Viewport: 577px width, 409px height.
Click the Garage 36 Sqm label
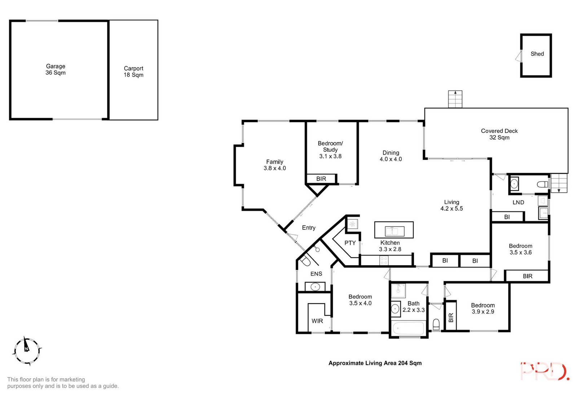(x=56, y=69)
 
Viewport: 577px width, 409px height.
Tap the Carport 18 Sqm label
(x=133, y=72)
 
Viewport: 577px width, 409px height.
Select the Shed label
(x=537, y=54)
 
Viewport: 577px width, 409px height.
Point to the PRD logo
(x=545, y=371)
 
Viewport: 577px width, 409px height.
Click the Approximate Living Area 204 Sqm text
(x=375, y=363)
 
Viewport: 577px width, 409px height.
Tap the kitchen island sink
(x=394, y=231)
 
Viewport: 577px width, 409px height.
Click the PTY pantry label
(x=350, y=243)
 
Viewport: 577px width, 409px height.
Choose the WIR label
(x=317, y=321)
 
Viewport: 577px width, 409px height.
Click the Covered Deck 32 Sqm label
(x=499, y=134)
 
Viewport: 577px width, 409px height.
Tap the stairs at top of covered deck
(x=455, y=99)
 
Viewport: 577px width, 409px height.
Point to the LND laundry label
(x=518, y=202)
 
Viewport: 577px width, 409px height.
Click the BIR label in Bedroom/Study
(x=321, y=179)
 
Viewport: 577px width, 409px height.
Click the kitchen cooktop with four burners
(x=384, y=260)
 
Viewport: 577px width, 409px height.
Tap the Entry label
(x=308, y=228)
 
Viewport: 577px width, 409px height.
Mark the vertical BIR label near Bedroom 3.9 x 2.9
(x=451, y=318)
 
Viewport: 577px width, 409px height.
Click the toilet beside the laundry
(x=542, y=185)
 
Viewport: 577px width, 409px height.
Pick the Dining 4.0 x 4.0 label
(x=391, y=156)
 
